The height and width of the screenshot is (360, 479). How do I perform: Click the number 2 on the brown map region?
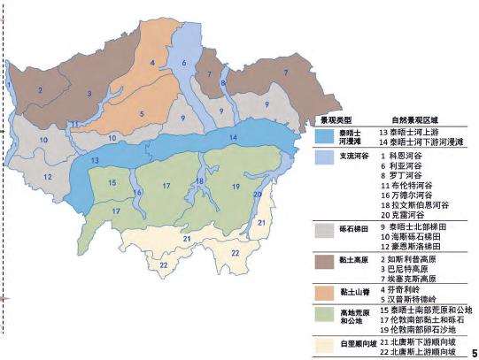[x=39, y=90]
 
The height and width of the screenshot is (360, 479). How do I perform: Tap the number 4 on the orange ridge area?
[x=152, y=62]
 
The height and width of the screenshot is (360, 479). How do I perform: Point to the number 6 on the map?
[x=184, y=64]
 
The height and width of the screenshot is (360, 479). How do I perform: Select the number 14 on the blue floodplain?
[x=232, y=139]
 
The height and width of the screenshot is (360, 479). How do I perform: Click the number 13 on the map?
[x=93, y=160]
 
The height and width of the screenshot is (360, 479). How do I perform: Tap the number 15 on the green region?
[x=112, y=182]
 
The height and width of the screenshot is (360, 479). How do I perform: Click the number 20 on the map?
[x=257, y=194]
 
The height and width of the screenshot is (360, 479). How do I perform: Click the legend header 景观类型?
[x=336, y=118]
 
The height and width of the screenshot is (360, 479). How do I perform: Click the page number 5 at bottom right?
[x=474, y=349]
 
